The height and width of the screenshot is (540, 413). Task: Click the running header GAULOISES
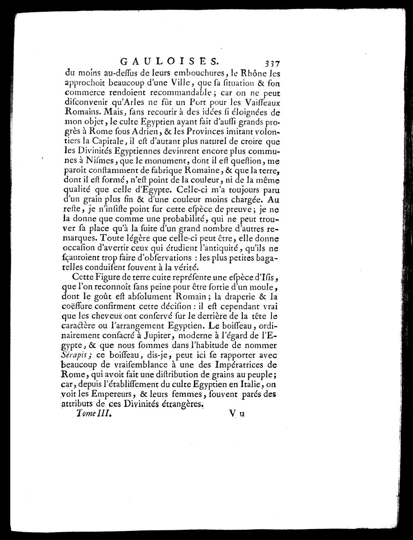pos(169,61)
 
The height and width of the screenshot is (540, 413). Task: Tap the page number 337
pos(271,63)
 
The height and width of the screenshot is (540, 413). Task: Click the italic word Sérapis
pos(76,355)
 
